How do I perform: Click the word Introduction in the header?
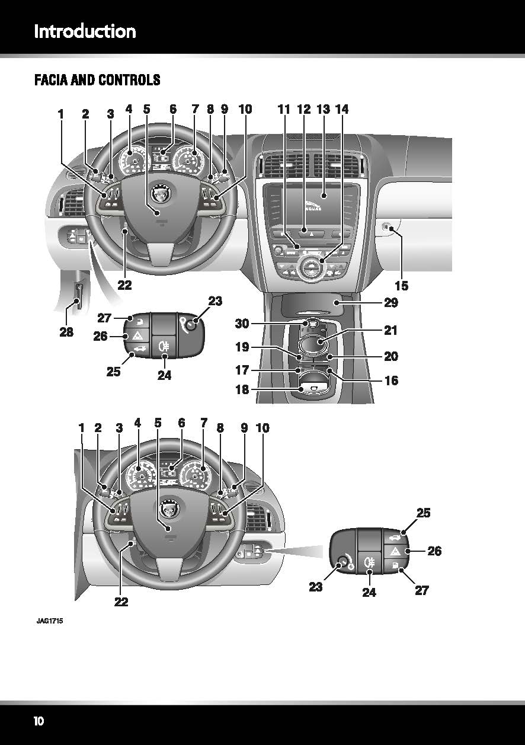(85, 31)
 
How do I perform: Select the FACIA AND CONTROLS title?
(97, 79)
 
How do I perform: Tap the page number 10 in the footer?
(39, 721)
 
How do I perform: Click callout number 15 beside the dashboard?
(401, 286)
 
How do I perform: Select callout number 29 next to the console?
(390, 303)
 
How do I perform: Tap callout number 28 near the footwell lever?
(66, 332)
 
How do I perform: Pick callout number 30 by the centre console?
(242, 324)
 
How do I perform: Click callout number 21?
(390, 330)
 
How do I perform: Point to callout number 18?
(242, 390)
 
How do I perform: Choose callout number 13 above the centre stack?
(323, 109)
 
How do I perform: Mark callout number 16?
(390, 381)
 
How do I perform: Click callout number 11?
(284, 109)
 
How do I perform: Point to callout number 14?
(342, 109)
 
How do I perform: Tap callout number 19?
(242, 347)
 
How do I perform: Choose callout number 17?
(242, 370)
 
